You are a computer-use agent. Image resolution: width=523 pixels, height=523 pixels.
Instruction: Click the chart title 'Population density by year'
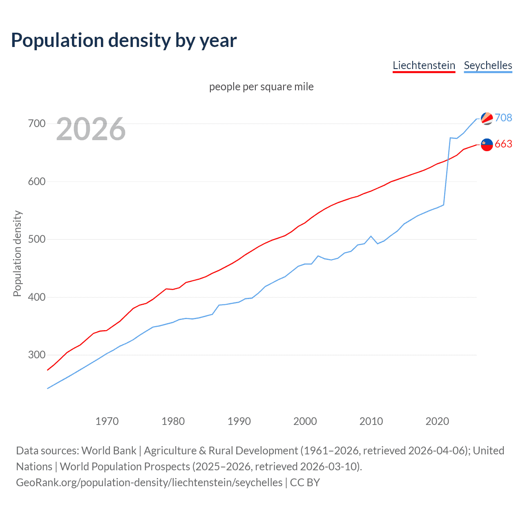click(x=124, y=40)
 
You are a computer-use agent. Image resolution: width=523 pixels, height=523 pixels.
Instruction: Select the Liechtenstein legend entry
click(x=424, y=65)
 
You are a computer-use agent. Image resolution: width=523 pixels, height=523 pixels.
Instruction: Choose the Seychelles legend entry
click(x=488, y=65)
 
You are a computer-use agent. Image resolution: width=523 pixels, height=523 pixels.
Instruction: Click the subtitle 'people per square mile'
click(x=261, y=87)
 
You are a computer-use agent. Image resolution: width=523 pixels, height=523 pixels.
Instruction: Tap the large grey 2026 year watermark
click(x=91, y=129)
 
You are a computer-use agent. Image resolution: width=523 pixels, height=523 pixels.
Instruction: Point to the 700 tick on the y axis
click(x=37, y=123)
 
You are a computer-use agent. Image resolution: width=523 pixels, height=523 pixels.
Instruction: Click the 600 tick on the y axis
click(x=37, y=181)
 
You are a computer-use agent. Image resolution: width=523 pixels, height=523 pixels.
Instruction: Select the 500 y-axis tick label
click(x=37, y=239)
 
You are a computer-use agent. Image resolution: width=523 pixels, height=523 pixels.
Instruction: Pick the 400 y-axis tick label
click(x=37, y=297)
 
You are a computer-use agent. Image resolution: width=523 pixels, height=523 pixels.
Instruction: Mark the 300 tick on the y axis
click(x=37, y=355)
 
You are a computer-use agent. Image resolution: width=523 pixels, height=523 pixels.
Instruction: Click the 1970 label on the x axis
click(x=107, y=421)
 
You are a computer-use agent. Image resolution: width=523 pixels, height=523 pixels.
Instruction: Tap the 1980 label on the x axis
click(x=173, y=421)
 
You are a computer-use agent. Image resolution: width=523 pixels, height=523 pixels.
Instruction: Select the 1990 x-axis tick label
click(x=239, y=421)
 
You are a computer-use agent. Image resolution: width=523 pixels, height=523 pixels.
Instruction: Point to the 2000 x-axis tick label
click(x=305, y=421)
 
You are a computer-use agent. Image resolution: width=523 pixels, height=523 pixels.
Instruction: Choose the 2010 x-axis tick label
click(x=371, y=421)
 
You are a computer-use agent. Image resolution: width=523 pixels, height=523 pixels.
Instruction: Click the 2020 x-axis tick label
click(x=437, y=421)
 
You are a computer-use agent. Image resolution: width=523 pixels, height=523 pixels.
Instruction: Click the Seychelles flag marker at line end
click(x=487, y=118)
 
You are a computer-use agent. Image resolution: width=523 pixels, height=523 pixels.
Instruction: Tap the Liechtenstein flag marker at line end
click(x=487, y=145)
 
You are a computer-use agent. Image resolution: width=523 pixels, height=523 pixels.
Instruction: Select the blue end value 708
click(x=503, y=118)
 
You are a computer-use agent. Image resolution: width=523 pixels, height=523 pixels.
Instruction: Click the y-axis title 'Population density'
click(x=17, y=253)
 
